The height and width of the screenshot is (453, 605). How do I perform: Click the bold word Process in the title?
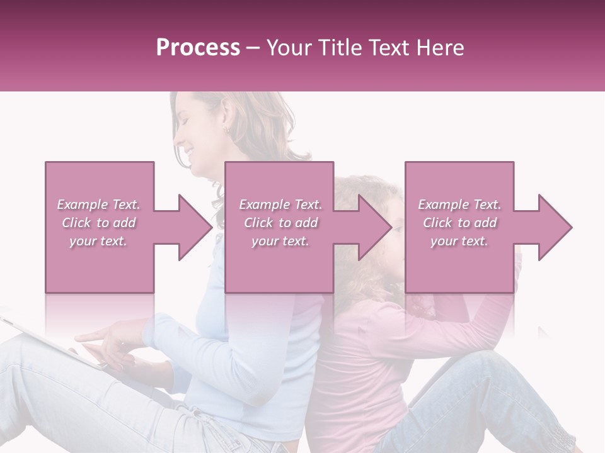[198, 48]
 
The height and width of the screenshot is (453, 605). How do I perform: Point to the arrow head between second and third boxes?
[374, 227]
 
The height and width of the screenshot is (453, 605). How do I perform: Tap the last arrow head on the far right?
[555, 227]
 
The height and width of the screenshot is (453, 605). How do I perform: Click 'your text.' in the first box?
[98, 241]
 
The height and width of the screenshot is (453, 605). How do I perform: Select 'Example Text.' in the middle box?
[280, 204]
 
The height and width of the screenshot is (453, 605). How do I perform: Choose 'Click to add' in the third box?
[459, 223]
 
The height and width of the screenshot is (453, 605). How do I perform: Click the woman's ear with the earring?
[226, 130]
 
